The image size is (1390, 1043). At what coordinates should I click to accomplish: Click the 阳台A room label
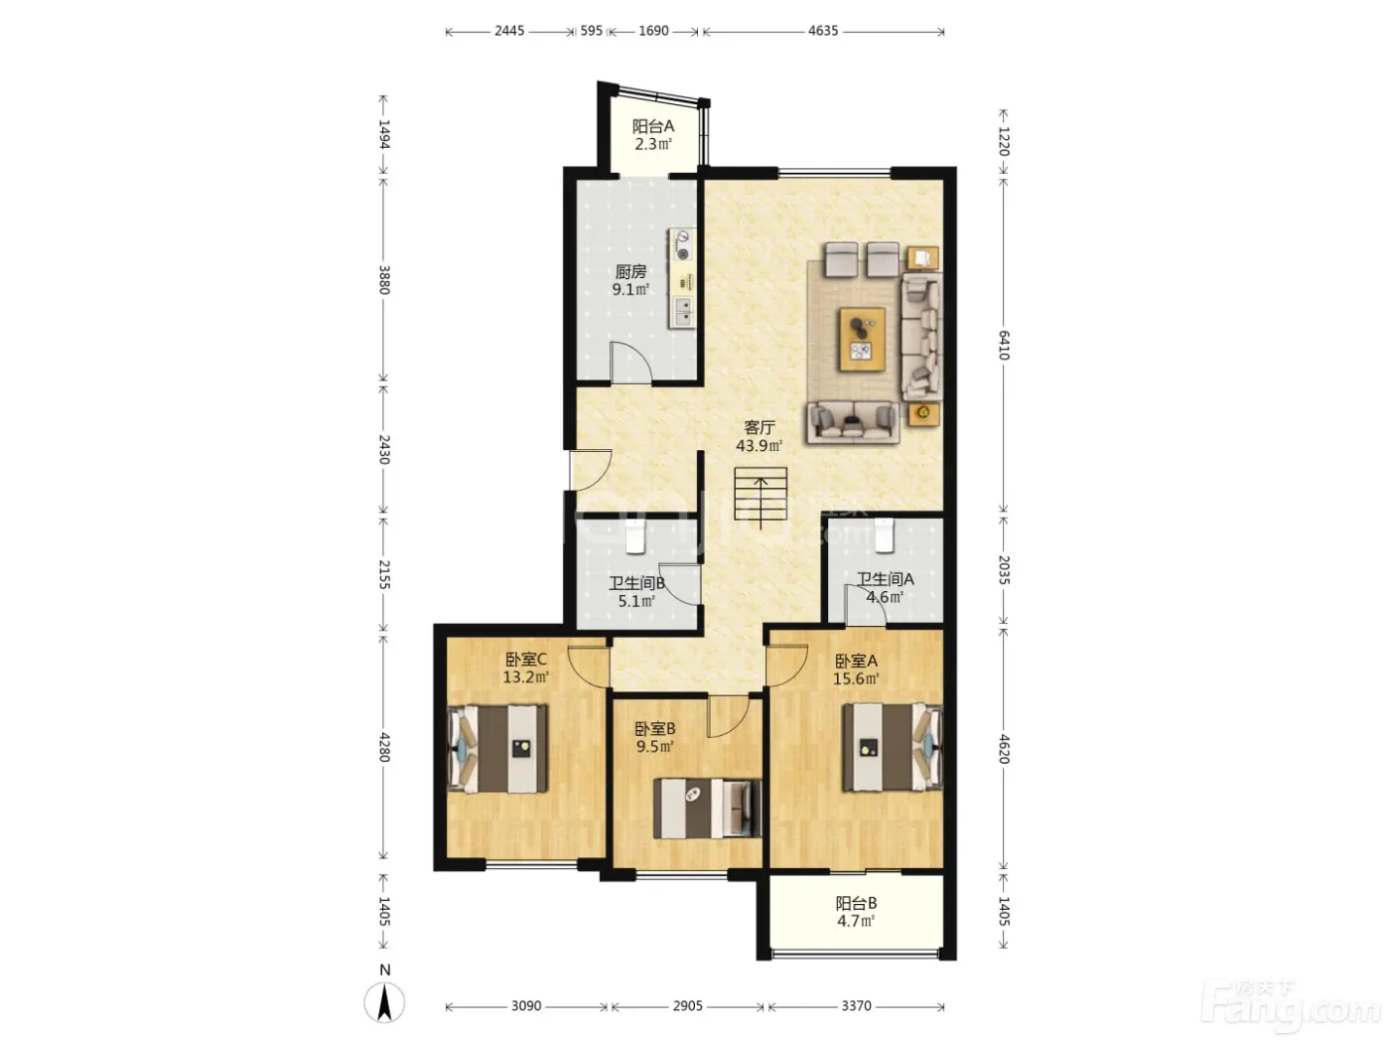(653, 127)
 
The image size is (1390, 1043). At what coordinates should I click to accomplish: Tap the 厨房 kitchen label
(630, 271)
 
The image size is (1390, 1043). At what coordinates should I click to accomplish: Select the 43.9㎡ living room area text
(759, 446)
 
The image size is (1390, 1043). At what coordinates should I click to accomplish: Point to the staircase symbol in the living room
(761, 494)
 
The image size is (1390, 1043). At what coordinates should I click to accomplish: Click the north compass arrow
(384, 1002)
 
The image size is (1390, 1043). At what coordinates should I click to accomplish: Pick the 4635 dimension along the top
(823, 31)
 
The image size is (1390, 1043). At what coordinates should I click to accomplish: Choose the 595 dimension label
(591, 31)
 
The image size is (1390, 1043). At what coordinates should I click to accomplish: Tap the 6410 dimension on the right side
(1003, 345)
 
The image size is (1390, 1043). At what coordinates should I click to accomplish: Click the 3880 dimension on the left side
(384, 279)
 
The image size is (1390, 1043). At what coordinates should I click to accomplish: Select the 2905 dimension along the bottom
(687, 1005)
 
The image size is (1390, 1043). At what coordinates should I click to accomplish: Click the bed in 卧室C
(497, 749)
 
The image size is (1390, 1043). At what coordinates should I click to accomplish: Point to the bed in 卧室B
(707, 809)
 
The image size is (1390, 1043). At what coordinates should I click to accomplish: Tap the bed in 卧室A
(892, 747)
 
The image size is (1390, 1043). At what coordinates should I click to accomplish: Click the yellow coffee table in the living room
(862, 339)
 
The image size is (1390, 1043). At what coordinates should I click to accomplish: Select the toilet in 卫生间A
(884, 535)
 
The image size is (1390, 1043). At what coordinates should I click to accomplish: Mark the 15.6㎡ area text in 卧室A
(856, 678)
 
